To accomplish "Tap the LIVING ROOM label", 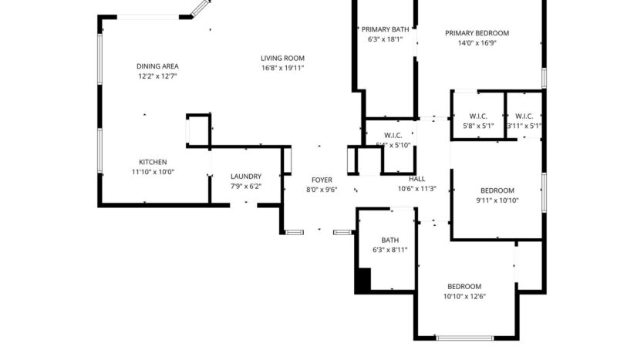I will [x=282, y=58].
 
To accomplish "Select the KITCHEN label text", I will [x=153, y=162].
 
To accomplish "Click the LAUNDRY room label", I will [x=246, y=176].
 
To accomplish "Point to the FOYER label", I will [x=322, y=180].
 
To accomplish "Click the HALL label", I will [x=416, y=179].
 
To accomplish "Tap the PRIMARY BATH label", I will [x=385, y=29].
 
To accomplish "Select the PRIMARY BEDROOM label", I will [x=477, y=33].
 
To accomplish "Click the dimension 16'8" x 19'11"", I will [x=282, y=68].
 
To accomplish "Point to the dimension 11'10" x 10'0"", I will [x=153, y=172].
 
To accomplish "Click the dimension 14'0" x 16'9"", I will [x=477, y=43].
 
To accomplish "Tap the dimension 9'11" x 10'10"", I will [x=497, y=200].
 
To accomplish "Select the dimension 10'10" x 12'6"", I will [x=464, y=296].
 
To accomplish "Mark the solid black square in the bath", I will [x=362, y=280].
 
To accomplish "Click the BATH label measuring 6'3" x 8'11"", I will [x=389, y=240].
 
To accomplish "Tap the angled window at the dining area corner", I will [x=200, y=8].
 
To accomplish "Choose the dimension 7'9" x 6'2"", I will [x=246, y=186].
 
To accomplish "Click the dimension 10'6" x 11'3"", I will [x=417, y=189].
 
